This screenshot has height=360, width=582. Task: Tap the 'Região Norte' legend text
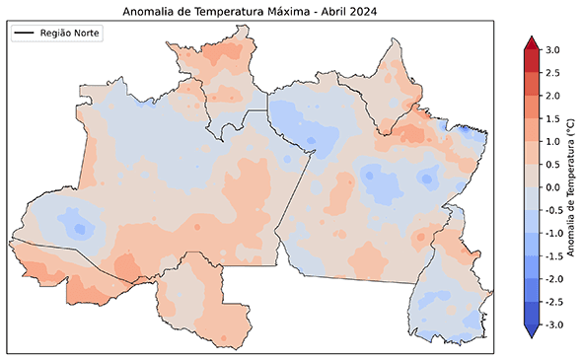click(x=70, y=34)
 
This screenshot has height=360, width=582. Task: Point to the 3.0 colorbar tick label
click(x=552, y=49)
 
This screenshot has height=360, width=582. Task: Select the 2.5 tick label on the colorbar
click(x=552, y=72)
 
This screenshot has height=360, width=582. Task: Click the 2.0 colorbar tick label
click(x=552, y=95)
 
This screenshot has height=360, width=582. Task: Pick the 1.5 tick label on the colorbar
click(x=552, y=117)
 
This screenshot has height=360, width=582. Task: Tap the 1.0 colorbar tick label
click(x=552, y=141)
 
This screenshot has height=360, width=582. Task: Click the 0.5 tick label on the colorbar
click(x=552, y=164)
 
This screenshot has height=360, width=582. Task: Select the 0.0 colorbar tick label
click(x=552, y=186)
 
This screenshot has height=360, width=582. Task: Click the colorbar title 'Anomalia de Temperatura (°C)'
click(x=573, y=186)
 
